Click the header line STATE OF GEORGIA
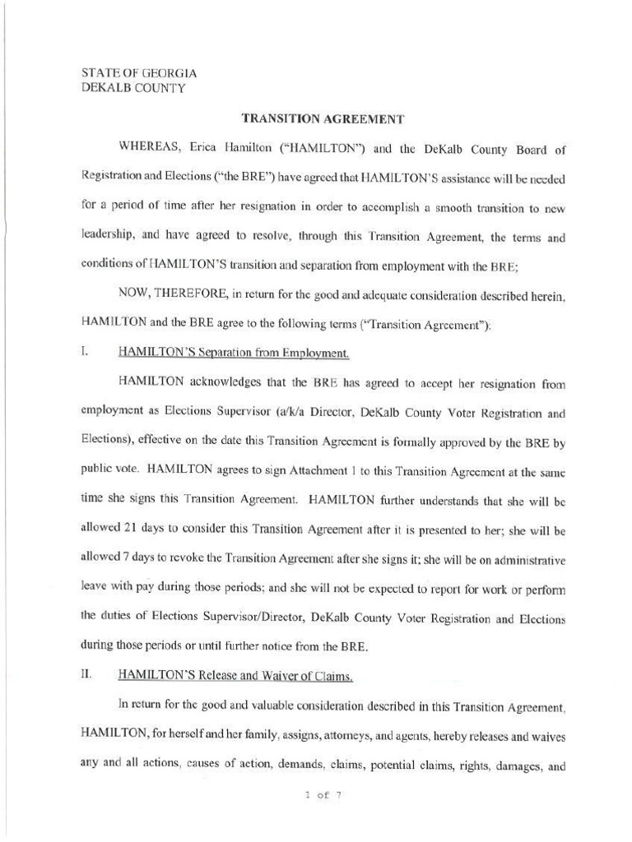(138, 73)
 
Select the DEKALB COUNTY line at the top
(133, 88)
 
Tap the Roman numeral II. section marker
(86, 675)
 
